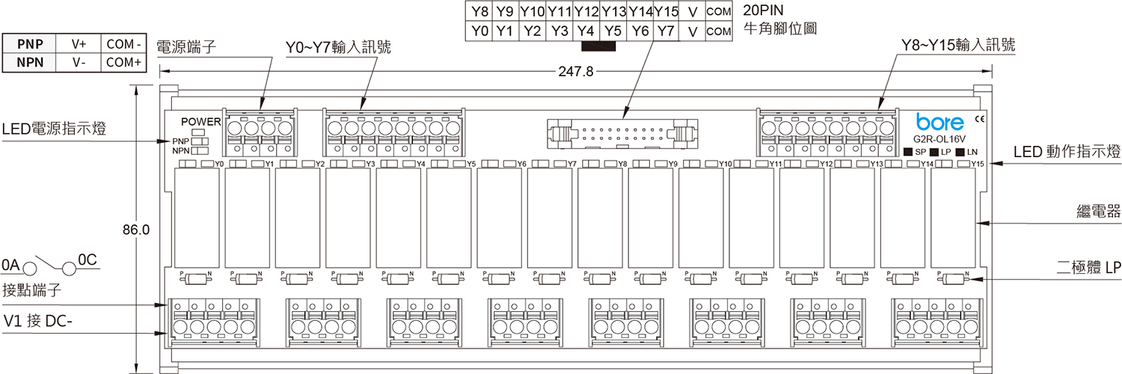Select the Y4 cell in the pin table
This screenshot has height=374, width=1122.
(586, 31)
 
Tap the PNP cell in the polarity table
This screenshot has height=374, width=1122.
(30, 44)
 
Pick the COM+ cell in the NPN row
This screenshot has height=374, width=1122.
(124, 63)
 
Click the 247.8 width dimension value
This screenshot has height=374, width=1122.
(576, 72)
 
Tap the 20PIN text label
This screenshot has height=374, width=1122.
(764, 11)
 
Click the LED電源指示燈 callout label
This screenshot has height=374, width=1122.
(53, 129)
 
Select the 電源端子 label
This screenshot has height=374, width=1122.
(186, 47)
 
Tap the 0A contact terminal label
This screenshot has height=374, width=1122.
(10, 264)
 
